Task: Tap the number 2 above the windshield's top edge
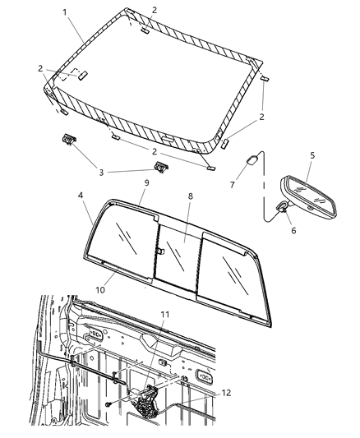pyautogui.click(x=155, y=10)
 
